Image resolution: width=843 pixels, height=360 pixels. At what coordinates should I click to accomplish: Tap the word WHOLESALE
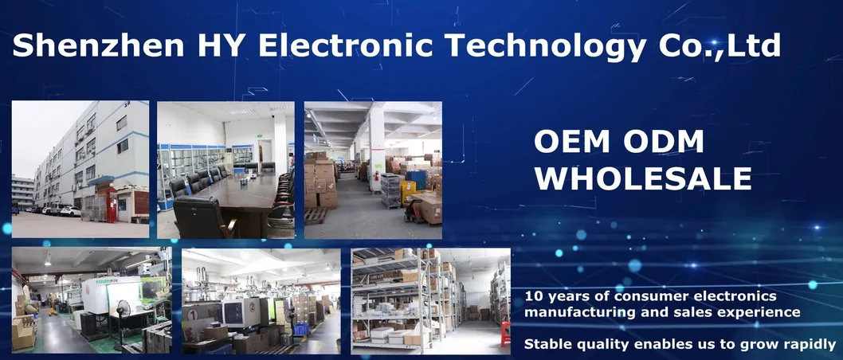tap(642, 178)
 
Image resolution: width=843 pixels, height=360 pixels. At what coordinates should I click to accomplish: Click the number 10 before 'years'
tap(533, 296)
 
